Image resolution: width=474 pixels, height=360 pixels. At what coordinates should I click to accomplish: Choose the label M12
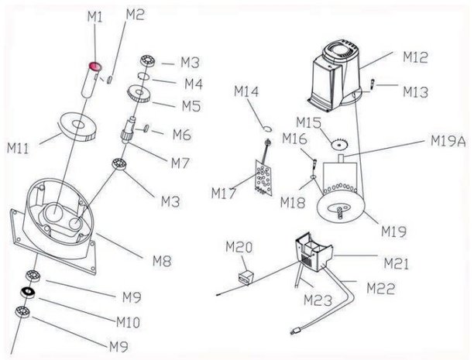point(415,57)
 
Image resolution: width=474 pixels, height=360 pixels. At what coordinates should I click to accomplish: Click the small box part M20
point(246,275)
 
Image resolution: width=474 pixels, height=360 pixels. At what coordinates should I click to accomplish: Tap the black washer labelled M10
point(28,293)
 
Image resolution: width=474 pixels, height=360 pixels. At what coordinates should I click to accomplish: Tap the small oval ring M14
point(265,128)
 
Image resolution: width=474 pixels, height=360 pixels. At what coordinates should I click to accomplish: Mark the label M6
point(181,135)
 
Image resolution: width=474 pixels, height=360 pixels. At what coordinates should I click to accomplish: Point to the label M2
point(135,15)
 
